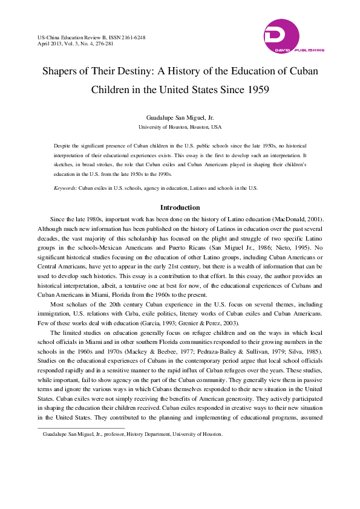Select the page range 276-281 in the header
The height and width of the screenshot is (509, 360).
point(107,44)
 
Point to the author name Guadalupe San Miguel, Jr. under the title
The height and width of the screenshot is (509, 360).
point(180,117)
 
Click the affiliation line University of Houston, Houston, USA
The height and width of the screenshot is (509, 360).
point(180,128)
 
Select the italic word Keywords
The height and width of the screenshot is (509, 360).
point(65,188)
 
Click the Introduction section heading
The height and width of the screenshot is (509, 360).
point(180,207)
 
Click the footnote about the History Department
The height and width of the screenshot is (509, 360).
point(129,434)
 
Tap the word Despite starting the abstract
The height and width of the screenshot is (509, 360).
point(64,147)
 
